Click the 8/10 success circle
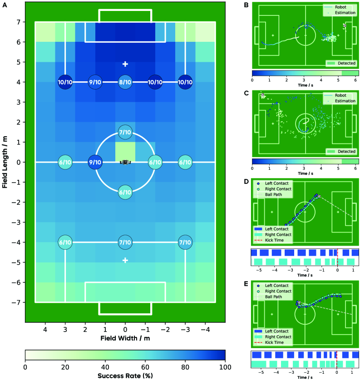tap(125, 82)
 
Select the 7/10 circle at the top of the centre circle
tap(125, 132)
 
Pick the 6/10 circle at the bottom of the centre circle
tap(125, 192)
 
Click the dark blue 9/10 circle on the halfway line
tap(95, 162)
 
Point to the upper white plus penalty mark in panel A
tap(125, 64)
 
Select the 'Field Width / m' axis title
tap(125, 339)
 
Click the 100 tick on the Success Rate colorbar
tap(225, 367)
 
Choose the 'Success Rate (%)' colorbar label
tap(125, 376)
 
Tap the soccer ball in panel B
tap(344, 26)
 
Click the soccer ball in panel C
tap(262, 96)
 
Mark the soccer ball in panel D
tap(319, 196)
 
